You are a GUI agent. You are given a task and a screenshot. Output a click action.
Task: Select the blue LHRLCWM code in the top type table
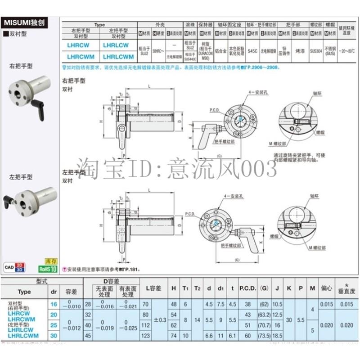[118, 56]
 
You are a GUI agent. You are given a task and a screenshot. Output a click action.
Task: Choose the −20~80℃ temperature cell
[346, 51]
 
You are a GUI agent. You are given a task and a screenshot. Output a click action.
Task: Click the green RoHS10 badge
[48, 269]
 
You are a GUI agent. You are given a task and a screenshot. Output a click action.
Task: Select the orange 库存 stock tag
[51, 261]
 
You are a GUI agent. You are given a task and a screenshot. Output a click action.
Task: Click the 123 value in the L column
[145, 335]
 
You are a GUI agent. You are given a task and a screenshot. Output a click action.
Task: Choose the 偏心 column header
[326, 288]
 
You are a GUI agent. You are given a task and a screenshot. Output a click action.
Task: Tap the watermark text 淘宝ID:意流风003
[178, 169]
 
